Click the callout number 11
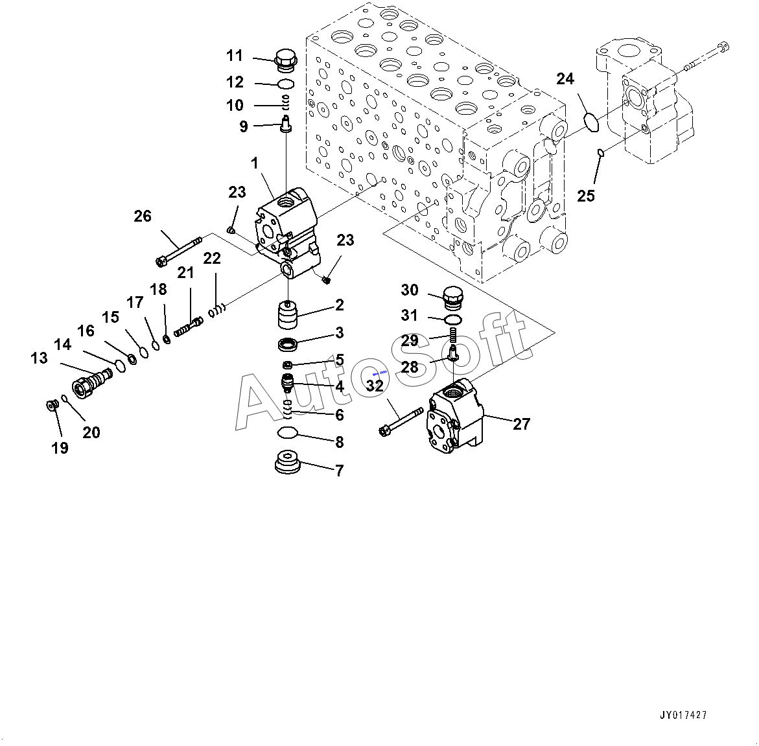coord(234,56)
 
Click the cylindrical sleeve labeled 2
coord(286,316)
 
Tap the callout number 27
coord(521,424)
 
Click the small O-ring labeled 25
coord(600,153)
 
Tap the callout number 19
coord(60,447)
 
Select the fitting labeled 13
coord(91,382)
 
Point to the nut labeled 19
coord(52,406)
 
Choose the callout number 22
coord(211,259)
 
